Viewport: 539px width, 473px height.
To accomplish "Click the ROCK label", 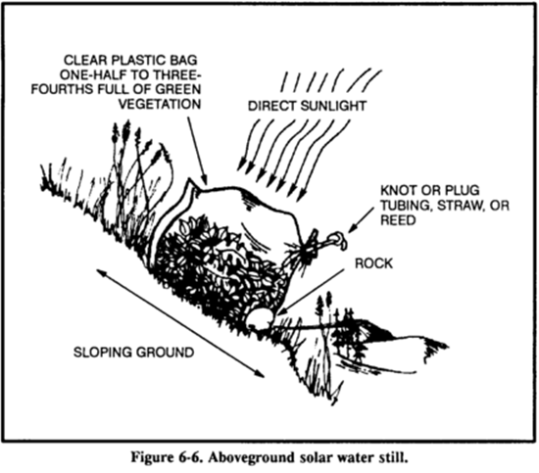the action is point(373,263).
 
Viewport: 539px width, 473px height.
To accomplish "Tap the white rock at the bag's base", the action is point(260,317).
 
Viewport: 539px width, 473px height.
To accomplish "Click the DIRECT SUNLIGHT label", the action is point(307,106).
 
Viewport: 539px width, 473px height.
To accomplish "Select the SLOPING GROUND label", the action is point(133,353).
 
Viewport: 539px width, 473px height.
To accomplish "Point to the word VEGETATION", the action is point(160,104).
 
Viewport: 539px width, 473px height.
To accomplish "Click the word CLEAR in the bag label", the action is point(85,60).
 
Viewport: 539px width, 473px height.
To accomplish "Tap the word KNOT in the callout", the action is point(397,190).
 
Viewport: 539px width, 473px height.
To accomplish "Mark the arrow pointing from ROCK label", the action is point(311,292).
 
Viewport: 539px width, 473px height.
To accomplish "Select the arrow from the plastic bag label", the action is point(198,150).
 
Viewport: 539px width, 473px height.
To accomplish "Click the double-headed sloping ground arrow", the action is point(180,323).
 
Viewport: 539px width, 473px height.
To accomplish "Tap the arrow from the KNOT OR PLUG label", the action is point(362,219).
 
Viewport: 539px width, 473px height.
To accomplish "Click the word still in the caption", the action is point(396,457).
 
